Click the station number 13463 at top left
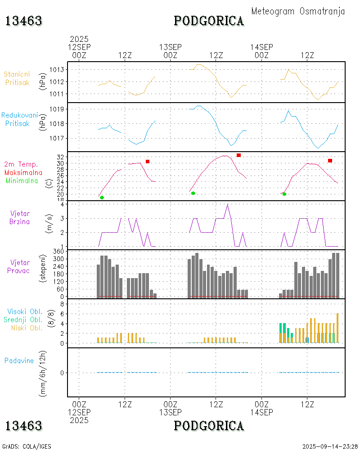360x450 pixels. click(x=24, y=21)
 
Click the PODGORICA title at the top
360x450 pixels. click(x=209, y=21)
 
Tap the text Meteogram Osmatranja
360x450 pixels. click(x=298, y=11)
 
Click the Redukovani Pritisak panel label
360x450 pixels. click(x=19, y=119)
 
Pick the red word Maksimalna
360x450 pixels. click(x=23, y=172)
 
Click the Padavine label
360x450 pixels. click(x=19, y=360)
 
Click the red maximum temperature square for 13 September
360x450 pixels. click(x=238, y=155)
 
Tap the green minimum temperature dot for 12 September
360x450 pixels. click(x=102, y=198)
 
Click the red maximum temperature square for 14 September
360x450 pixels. click(x=330, y=161)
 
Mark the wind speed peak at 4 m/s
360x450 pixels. click(x=227, y=205)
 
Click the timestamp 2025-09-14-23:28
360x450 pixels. click(x=330, y=446)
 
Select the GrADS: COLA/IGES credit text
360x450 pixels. click(x=27, y=446)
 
